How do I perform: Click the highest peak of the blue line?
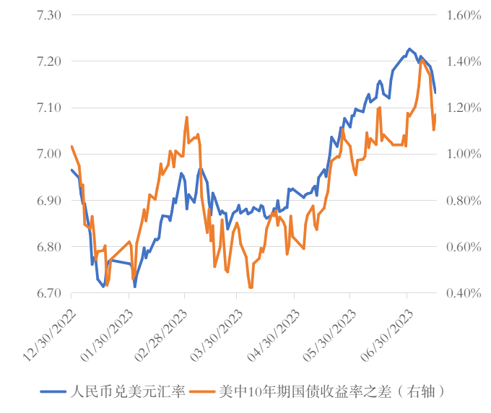click(409, 49)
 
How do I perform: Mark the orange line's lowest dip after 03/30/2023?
click(251, 287)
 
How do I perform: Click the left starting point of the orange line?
click(71, 147)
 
